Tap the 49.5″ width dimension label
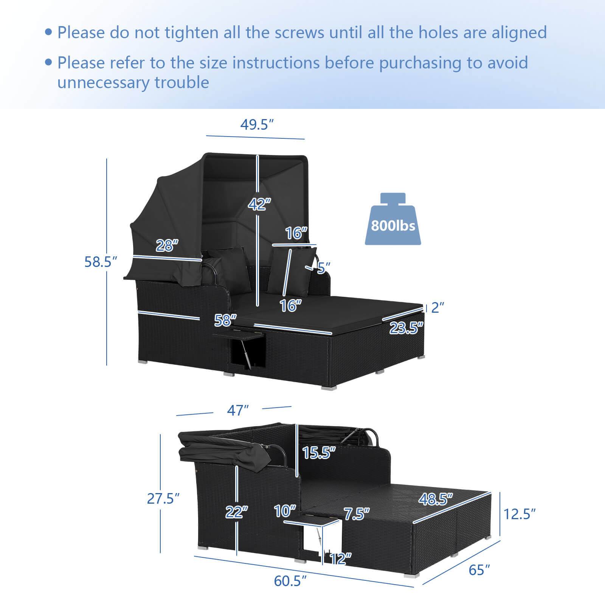257,124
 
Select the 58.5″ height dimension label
98,261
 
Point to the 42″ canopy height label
260,204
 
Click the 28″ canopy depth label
167,246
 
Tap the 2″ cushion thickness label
437,307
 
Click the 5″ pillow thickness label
321,268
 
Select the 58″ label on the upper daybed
225,320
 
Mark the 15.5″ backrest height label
319,453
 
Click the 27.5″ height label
163,499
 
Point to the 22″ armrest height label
237,512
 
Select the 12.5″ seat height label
519,514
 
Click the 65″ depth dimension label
479,570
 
